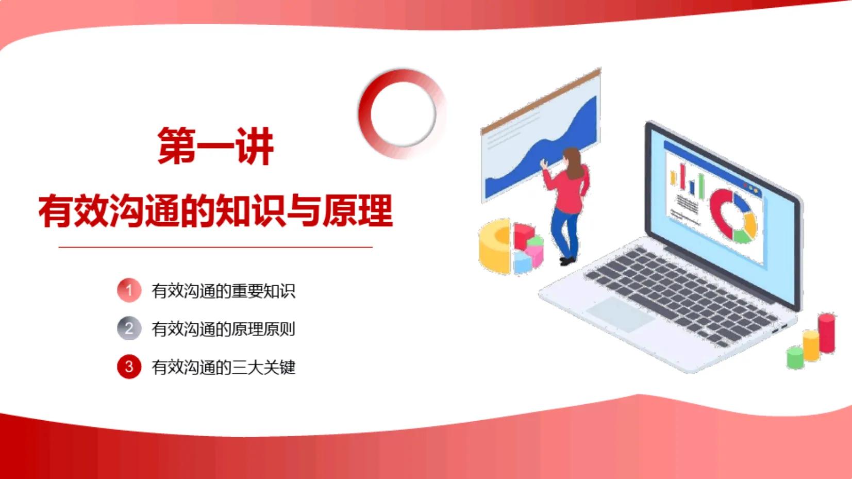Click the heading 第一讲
pyautogui.click(x=215, y=146)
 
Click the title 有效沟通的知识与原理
pyautogui.click(x=215, y=211)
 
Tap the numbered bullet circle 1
pyautogui.click(x=129, y=290)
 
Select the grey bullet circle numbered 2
pyautogui.click(x=129, y=328)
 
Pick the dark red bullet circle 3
pyautogui.click(x=129, y=367)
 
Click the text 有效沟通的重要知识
pyautogui.click(x=223, y=291)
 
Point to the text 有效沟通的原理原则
pyautogui.click(x=223, y=329)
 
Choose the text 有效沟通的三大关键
pyautogui.click(x=223, y=367)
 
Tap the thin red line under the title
pyautogui.click(x=215, y=247)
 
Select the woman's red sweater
pyautogui.click(x=570, y=191)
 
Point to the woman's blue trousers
pyautogui.click(x=565, y=232)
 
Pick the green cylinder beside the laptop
pyautogui.click(x=795, y=357)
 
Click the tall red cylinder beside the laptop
pyautogui.click(x=827, y=333)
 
